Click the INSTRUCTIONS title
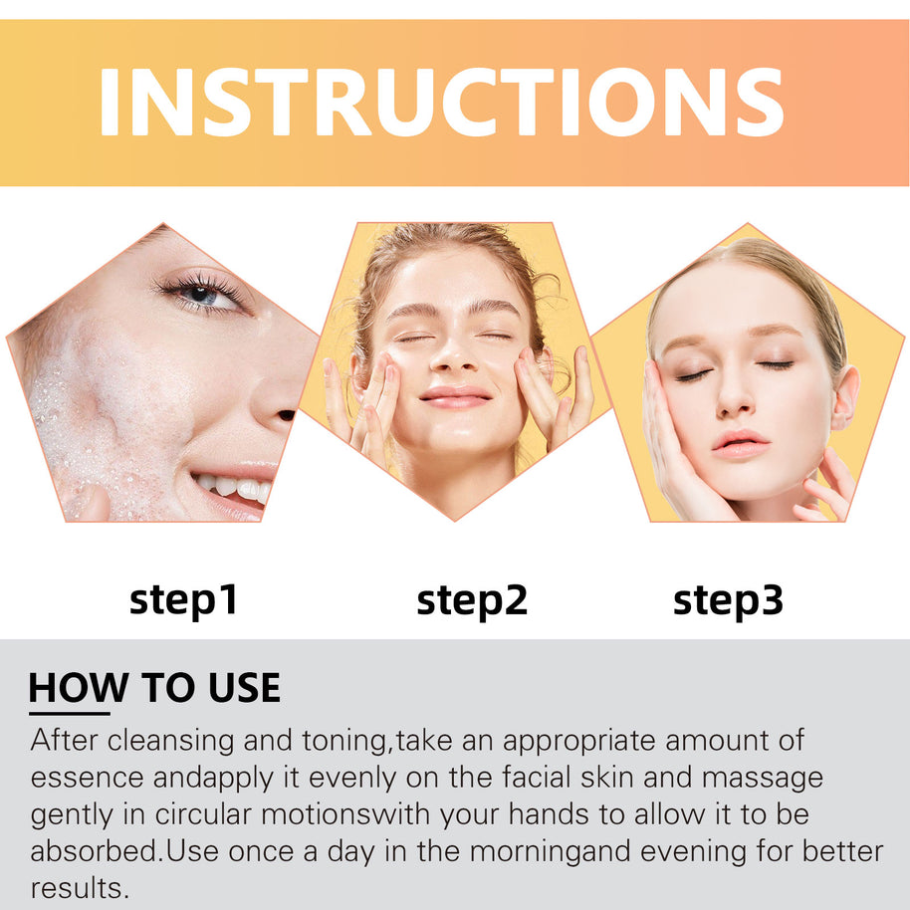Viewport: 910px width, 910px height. (442, 103)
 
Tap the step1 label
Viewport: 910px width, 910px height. (183, 601)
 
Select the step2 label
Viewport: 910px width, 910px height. (472, 601)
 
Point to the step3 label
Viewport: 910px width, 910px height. (728, 601)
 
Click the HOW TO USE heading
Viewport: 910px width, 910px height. (154, 688)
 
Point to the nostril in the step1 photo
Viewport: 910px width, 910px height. (287, 415)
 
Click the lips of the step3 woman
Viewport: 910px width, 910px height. (740, 444)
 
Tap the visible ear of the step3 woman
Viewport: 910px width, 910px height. (844, 397)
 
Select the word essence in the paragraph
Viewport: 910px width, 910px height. (87, 779)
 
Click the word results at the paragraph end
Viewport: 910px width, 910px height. (80, 888)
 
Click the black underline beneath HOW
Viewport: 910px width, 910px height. (69, 713)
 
